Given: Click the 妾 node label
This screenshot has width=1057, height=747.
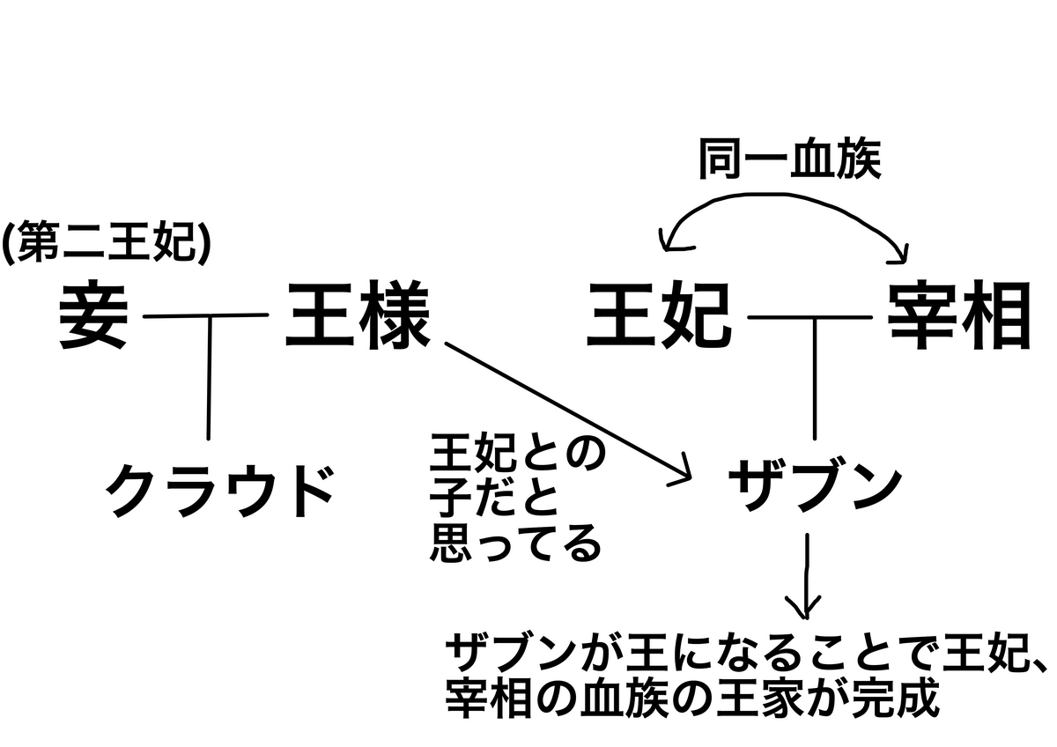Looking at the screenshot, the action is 93,314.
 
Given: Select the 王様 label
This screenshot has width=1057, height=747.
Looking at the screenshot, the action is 358,314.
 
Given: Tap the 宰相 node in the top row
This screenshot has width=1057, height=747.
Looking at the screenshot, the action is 959,314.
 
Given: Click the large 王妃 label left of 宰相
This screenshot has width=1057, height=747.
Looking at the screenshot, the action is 659,314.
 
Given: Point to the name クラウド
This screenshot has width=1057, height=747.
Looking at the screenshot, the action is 219,491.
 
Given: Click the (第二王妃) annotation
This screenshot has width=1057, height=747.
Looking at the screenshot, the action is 106,241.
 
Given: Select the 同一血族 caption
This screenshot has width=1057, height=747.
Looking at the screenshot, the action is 789,159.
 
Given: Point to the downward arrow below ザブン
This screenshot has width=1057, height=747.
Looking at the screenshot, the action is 807,576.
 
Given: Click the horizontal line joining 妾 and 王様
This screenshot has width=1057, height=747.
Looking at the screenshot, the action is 206,315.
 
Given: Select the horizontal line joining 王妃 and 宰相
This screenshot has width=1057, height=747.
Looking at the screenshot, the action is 809,318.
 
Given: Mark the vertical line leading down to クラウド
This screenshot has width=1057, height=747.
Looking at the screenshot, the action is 209,378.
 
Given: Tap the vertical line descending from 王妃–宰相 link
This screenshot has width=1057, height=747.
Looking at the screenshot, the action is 815,379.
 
